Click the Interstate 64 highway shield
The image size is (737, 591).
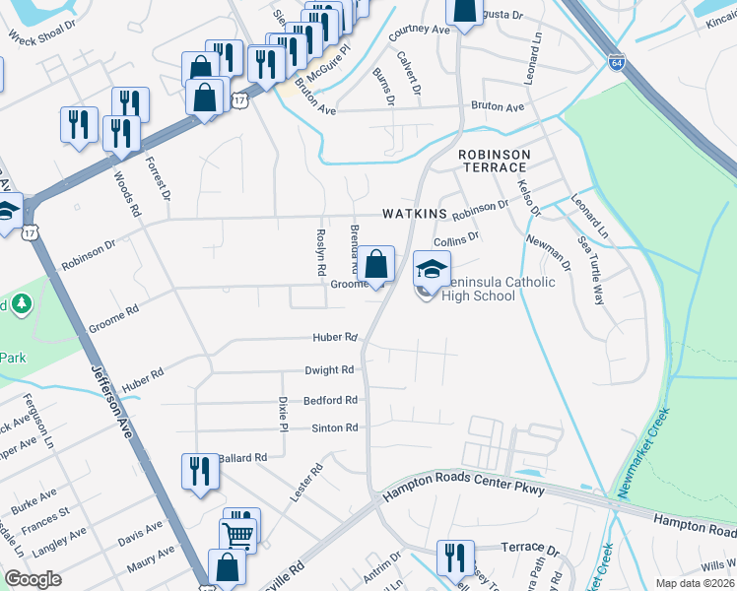pos(617,61)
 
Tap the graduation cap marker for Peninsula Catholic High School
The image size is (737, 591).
pos(432,268)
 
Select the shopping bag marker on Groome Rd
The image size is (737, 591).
pos(375,264)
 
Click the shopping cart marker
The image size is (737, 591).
pos(240,534)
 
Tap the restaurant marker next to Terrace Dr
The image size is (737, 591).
pos(455,557)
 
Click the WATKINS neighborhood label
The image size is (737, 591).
pos(415,214)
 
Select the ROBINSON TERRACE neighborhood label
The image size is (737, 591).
pos(494,163)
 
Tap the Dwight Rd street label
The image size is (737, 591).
pos(329,370)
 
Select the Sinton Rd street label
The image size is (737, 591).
pos(333,427)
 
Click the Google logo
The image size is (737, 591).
pos(33,579)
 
